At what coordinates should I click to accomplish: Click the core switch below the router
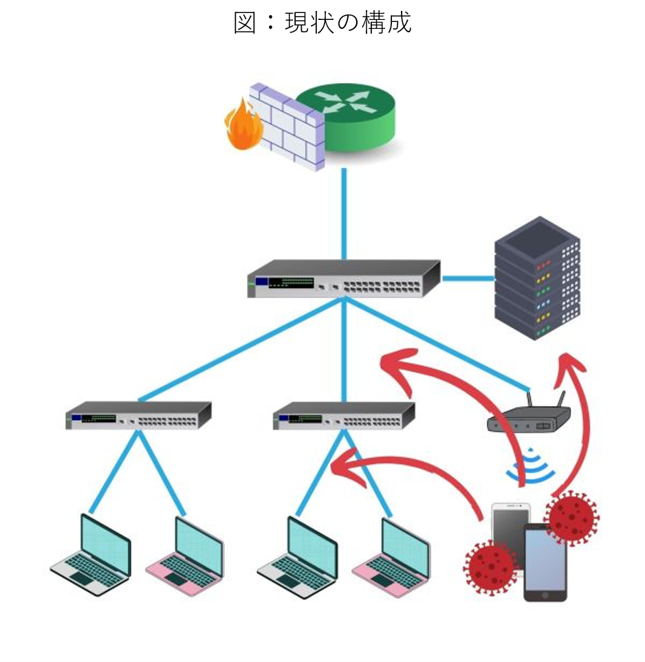(344, 278)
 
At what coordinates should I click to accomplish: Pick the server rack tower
(537, 278)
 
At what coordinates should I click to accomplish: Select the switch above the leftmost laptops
(138, 415)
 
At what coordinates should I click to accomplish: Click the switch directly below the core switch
(344, 415)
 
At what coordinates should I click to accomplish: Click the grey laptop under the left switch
(93, 554)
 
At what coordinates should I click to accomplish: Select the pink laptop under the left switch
(186, 554)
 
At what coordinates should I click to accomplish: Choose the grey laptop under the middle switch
(299, 554)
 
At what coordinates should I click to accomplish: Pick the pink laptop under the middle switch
(393, 554)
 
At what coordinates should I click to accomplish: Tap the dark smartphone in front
(545, 562)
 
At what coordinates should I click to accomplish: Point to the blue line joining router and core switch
(344, 213)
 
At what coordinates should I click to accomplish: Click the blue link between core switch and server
(468, 278)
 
